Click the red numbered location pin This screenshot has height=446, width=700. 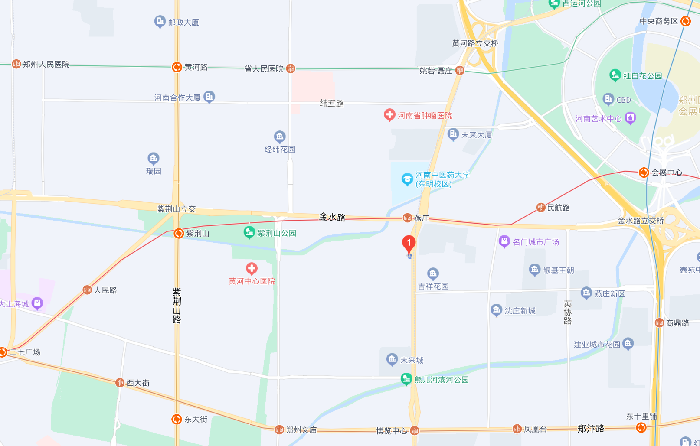[409, 244]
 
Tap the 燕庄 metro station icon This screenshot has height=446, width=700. [407, 218]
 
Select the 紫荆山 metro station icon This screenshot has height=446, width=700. [178, 234]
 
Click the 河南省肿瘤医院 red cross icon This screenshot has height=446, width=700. [389, 115]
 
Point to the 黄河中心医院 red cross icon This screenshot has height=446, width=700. [252, 268]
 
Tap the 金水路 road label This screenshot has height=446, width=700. [332, 217]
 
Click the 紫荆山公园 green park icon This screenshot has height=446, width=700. [249, 233]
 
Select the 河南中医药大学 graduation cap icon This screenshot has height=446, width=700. [407, 179]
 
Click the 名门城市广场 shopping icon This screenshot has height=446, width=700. [504, 241]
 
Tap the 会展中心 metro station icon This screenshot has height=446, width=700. [644, 173]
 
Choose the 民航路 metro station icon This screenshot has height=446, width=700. [540, 208]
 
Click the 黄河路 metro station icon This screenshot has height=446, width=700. [177, 67]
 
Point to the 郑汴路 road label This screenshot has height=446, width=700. [591, 429]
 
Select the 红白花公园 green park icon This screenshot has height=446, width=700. [615, 75]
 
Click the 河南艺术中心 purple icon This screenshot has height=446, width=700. [630, 118]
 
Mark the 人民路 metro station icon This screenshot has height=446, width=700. [87, 290]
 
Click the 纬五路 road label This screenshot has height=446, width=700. [332, 103]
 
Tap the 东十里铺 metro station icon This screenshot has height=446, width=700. [641, 428]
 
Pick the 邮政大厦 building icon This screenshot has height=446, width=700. [160, 21]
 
